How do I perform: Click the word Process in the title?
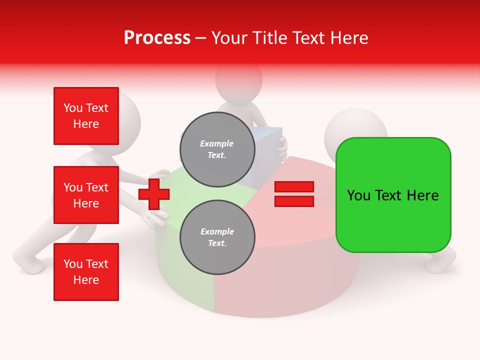(157, 38)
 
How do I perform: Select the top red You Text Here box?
(86, 116)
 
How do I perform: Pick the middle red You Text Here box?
(86, 195)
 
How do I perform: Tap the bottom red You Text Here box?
(86, 271)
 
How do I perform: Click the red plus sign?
(154, 194)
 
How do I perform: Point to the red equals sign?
(294, 194)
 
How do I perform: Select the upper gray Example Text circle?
(217, 149)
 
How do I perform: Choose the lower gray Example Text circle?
(217, 237)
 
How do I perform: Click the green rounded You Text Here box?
(393, 195)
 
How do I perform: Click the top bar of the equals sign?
(294, 186)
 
